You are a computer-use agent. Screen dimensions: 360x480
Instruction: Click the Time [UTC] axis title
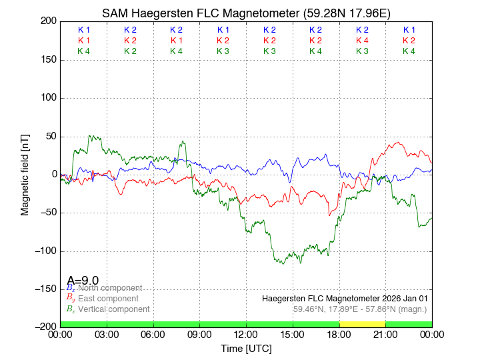[x=246, y=349]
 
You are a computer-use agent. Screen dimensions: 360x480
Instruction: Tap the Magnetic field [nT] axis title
[x=25, y=174]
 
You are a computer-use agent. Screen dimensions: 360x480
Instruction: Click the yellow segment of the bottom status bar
[x=362, y=324]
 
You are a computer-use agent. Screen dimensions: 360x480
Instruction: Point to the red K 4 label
[x=362, y=41]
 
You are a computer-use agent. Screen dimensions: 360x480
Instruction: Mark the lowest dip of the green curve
[x=283, y=264]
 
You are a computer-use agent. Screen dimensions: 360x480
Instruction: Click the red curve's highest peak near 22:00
[x=399, y=142]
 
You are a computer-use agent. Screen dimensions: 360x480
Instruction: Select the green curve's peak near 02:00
[x=90, y=136]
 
